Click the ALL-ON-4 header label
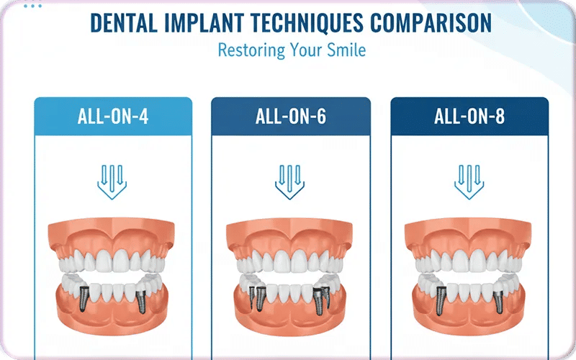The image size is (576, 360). (113, 116)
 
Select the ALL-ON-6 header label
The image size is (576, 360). (291, 116)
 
